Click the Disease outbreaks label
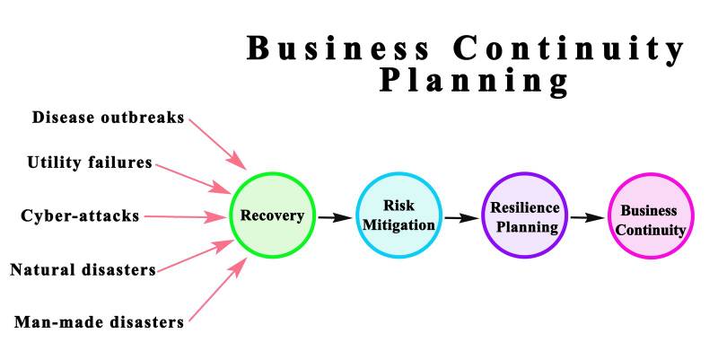tap(109, 117)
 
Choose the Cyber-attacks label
tap(80, 216)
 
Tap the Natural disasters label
tap(83, 268)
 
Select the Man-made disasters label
tap(99, 320)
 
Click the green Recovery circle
tap(273, 215)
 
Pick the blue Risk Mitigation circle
tap(398, 215)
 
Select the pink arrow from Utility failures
tap(192, 177)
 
